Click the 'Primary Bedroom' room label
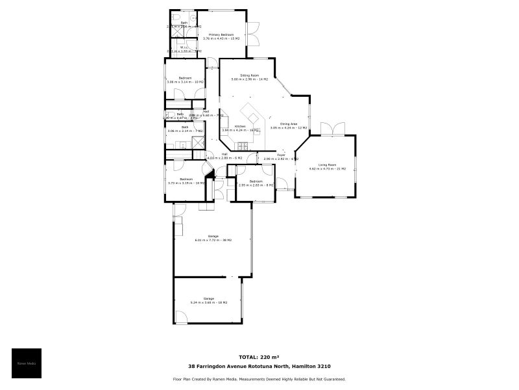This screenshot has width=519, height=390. (x=221, y=34)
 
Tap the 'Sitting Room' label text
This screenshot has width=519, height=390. (x=250, y=75)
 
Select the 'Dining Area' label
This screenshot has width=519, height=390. (x=289, y=123)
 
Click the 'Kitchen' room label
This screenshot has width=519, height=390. (x=240, y=126)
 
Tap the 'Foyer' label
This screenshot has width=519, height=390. (x=281, y=155)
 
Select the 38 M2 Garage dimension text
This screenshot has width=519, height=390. (x=213, y=240)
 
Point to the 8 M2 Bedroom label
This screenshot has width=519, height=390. (x=256, y=185)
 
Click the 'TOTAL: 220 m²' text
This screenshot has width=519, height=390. (x=259, y=357)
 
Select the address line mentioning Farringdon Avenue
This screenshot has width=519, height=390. (x=259, y=366)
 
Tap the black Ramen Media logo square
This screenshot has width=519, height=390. (x=27, y=363)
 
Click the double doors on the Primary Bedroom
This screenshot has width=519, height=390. (x=252, y=34)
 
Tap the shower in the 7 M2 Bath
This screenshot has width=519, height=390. (x=199, y=142)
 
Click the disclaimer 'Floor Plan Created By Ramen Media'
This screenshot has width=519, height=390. (x=259, y=379)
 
